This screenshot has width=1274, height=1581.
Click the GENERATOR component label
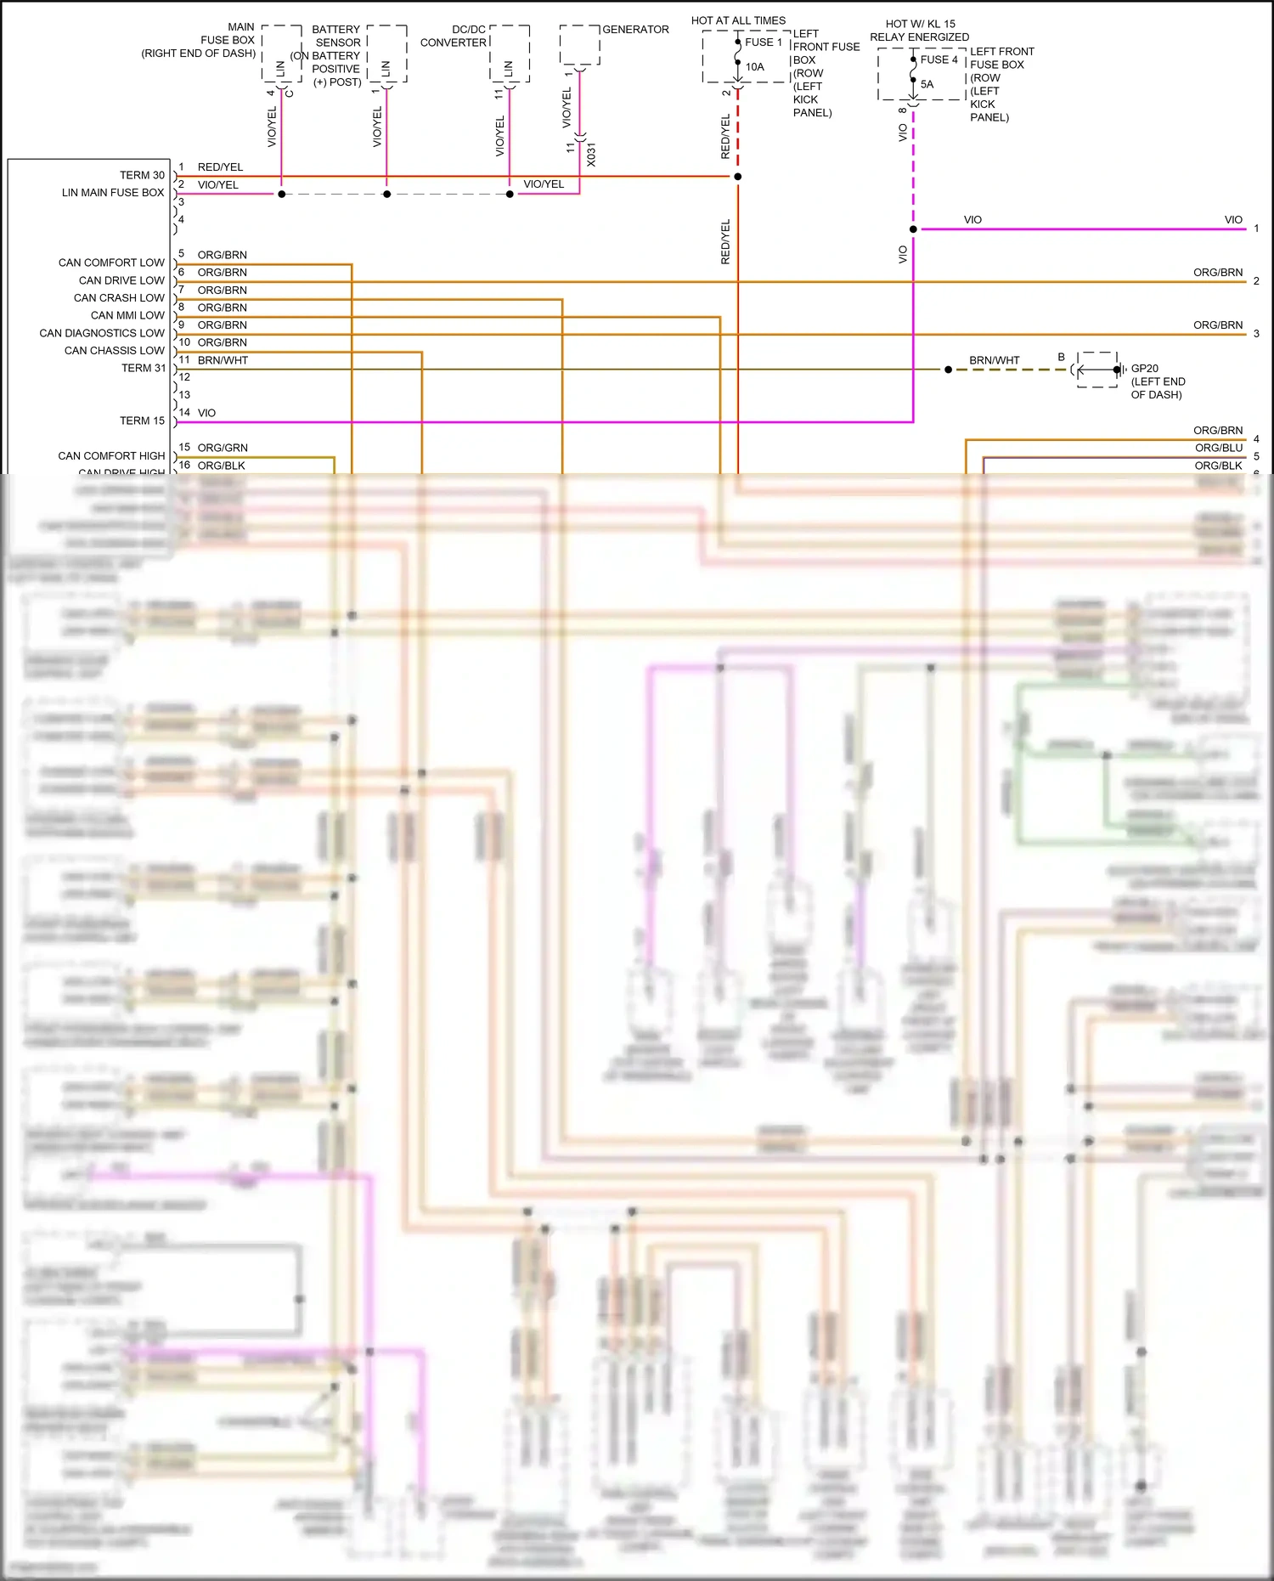tap(635, 30)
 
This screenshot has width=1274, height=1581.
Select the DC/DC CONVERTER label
tap(454, 36)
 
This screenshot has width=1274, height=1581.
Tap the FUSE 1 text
tap(763, 42)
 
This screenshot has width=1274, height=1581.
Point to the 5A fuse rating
tap(927, 84)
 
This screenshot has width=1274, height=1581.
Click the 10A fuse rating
tap(754, 66)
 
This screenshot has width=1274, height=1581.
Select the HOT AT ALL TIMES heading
tap(738, 20)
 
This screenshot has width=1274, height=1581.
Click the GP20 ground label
tap(1144, 368)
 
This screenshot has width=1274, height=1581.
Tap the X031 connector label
tap(591, 155)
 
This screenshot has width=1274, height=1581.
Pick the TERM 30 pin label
tap(142, 175)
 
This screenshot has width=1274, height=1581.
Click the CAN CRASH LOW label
tap(119, 297)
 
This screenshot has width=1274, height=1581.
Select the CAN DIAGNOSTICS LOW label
tap(102, 333)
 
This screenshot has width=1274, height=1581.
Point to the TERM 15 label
tap(142, 421)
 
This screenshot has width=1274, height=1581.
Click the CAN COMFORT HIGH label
tap(111, 455)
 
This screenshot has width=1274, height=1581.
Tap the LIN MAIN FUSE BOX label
tap(113, 193)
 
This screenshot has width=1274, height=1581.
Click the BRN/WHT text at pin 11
tap(223, 360)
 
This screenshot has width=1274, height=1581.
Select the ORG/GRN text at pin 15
tap(223, 448)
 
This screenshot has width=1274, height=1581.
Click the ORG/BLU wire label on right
tap(1218, 448)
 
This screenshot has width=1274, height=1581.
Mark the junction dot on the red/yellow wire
tap(737, 177)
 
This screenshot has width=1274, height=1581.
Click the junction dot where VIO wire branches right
tap(913, 229)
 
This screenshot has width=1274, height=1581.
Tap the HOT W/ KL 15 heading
tap(920, 24)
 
